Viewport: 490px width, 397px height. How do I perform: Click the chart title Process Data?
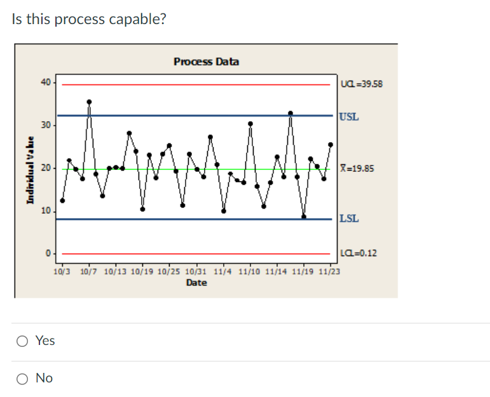(207, 62)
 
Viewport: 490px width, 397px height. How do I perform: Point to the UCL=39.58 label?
(362, 84)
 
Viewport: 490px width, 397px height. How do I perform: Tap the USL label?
(349, 117)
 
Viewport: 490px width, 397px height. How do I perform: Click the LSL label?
(349, 219)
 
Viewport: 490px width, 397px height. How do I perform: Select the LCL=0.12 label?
(360, 253)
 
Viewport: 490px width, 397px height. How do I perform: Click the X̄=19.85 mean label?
(357, 169)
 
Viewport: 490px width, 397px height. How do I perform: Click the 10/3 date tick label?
(62, 271)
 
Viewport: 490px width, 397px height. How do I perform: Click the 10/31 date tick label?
(196, 271)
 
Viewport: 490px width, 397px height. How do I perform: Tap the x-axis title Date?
(196, 283)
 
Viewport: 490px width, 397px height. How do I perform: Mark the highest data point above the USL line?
(89, 101)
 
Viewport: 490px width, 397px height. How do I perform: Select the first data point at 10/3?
(62, 200)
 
